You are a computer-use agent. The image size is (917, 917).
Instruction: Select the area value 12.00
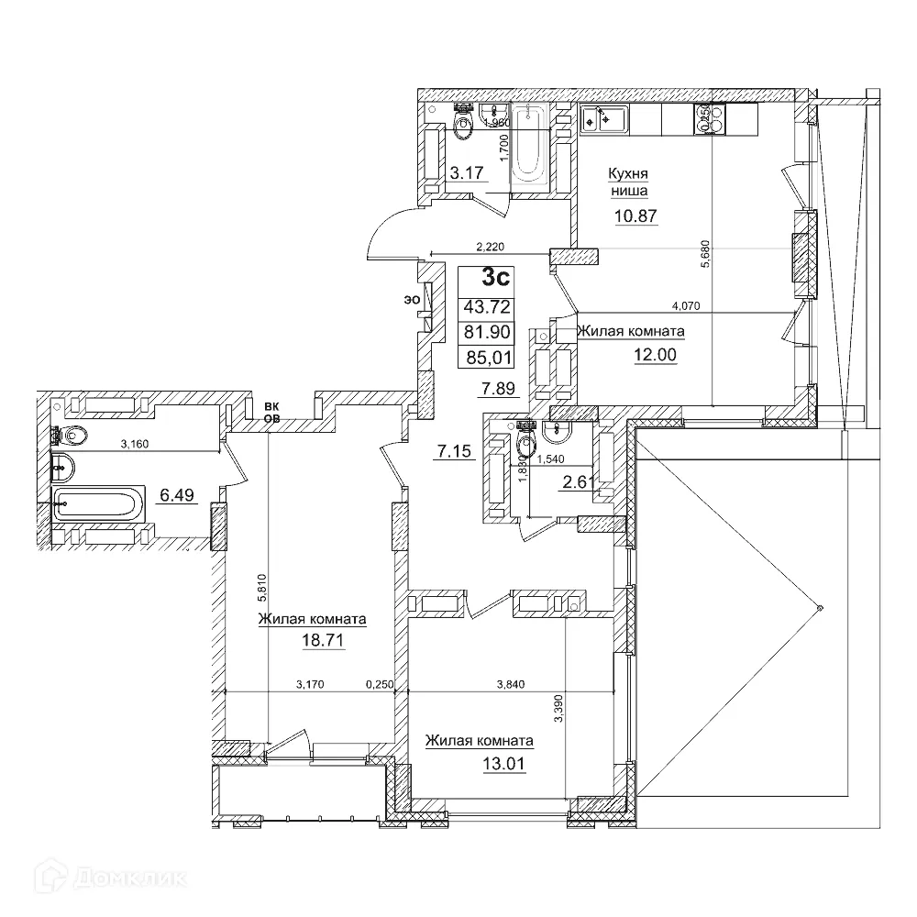coord(655,354)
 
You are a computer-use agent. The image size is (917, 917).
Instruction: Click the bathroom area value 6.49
coord(179,496)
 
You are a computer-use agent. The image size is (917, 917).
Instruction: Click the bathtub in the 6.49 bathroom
coord(97,503)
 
